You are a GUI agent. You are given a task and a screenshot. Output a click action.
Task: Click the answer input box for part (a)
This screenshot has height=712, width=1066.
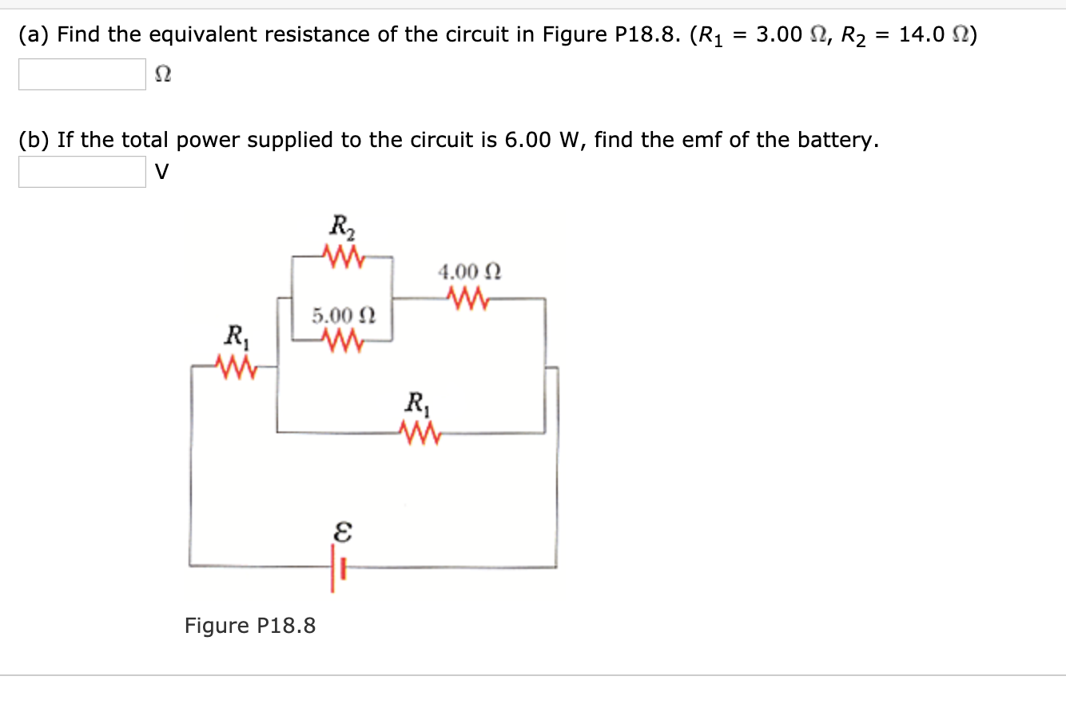tap(82, 74)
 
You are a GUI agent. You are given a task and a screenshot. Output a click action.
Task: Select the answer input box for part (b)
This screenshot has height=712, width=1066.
tap(82, 172)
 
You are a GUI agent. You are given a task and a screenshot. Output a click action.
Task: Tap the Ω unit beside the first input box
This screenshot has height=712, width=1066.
tap(162, 75)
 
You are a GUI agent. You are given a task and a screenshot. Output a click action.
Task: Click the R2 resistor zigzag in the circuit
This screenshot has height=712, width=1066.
tap(343, 257)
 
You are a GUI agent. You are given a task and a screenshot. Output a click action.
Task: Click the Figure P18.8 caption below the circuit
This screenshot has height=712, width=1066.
tap(250, 625)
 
